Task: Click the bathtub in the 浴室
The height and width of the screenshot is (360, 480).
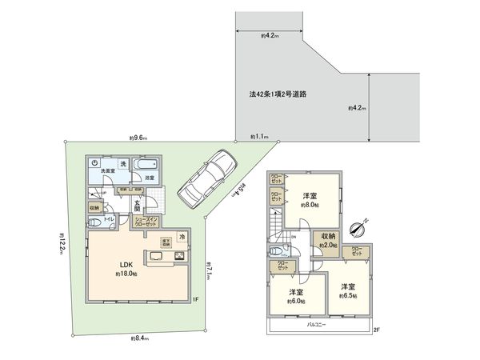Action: click(146, 166)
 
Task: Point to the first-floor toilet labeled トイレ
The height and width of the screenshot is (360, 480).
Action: click(107, 218)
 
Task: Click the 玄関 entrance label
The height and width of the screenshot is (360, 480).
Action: click(137, 207)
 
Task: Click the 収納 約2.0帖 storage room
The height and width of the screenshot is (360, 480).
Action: click(328, 240)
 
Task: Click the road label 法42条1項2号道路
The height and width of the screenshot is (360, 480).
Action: click(278, 94)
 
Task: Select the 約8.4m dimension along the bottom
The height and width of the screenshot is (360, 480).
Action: click(141, 339)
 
